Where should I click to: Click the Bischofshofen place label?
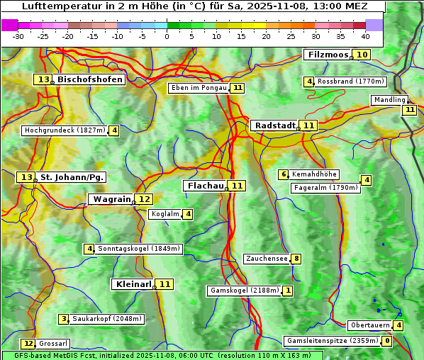pyautogui.click(x=90, y=80)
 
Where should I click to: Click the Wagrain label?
pyautogui.click(x=112, y=199)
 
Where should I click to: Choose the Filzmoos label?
pyautogui.click(x=327, y=55)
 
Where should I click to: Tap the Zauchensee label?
pyautogui.click(x=267, y=259)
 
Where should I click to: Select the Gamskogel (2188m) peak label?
pyautogui.click(x=244, y=291)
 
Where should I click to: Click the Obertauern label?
pyautogui.click(x=370, y=325)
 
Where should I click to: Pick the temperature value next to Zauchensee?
pyautogui.click(x=296, y=259)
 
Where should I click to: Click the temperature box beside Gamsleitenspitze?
pyautogui.click(x=386, y=341)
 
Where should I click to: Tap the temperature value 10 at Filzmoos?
pyautogui.click(x=362, y=55)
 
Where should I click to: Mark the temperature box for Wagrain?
pyautogui.click(x=144, y=199)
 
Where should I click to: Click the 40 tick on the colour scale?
pyautogui.click(x=365, y=36)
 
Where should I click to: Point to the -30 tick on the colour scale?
pyautogui.click(x=18, y=36)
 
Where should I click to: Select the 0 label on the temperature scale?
pyautogui.click(x=167, y=36)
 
